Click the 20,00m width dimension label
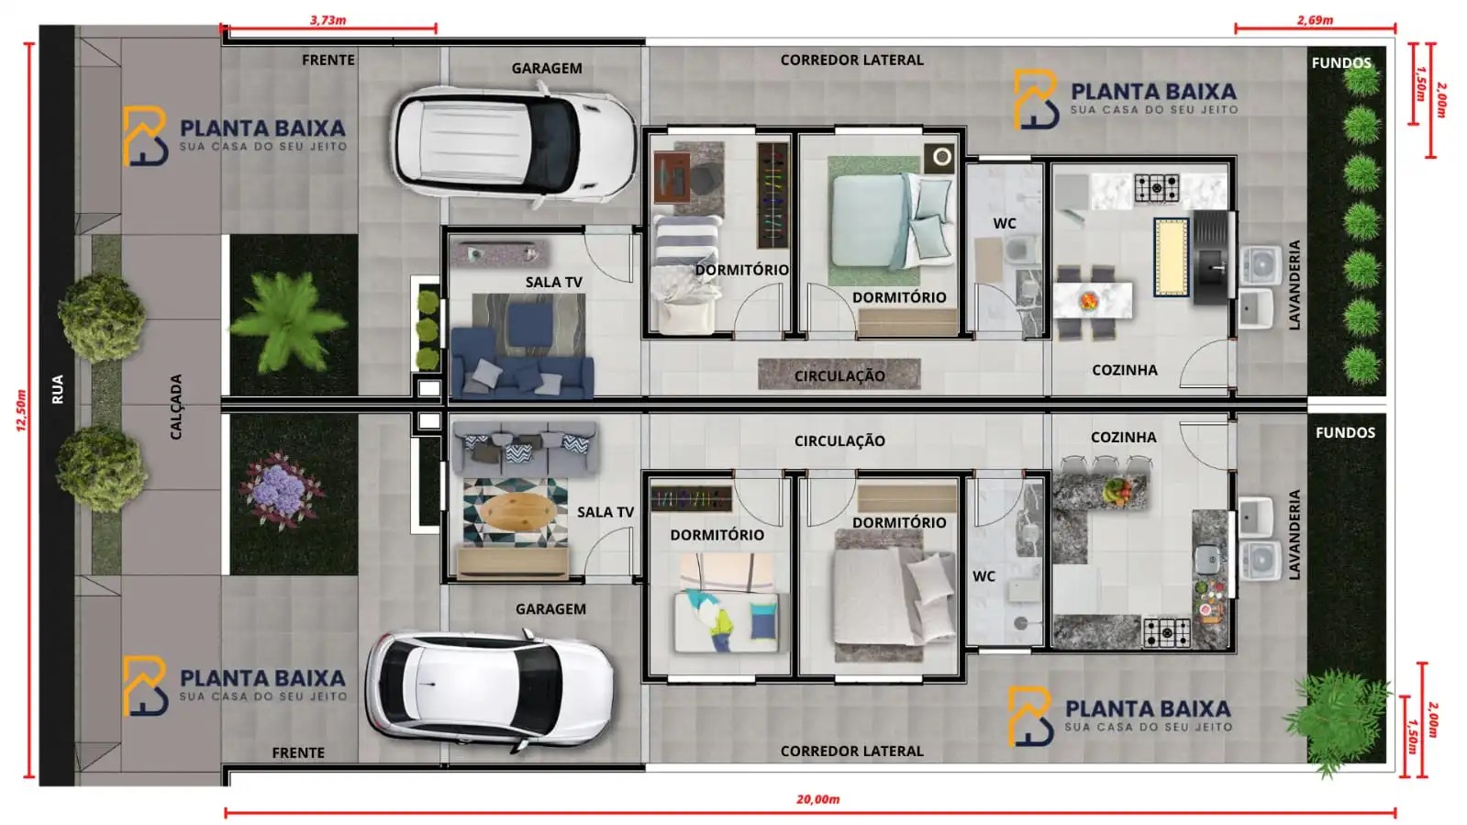coord(817,799)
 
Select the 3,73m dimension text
coord(328,19)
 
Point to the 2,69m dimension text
coord(1315,19)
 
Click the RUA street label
coord(58,389)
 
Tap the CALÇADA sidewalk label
coord(176,407)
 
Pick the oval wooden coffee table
coord(517,510)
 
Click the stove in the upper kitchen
coord(1156,188)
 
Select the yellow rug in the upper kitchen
coord(1171,257)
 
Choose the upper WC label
coord(1005,223)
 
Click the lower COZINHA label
coord(1123,437)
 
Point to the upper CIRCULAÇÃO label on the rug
coord(839,375)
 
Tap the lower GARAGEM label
coord(550,608)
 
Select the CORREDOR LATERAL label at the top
coord(851,60)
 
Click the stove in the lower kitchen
coord(1166,631)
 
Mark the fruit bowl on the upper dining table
coord(1089,300)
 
